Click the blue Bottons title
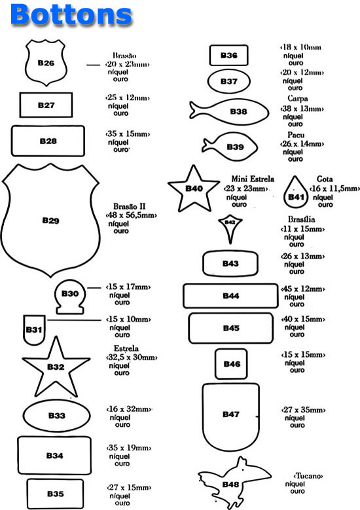71,14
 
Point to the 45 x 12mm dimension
303,289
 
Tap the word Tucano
308,476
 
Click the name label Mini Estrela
253,179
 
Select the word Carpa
298,98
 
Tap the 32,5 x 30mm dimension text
132,357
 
